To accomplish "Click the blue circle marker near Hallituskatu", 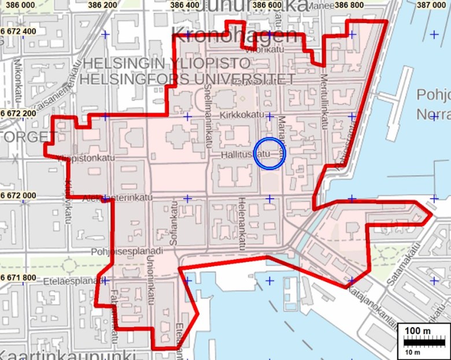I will pos(269,154).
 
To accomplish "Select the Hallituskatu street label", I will pos(246,155).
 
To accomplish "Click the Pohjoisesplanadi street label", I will pos(127,252).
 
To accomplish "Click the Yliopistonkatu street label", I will pos(87,157).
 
